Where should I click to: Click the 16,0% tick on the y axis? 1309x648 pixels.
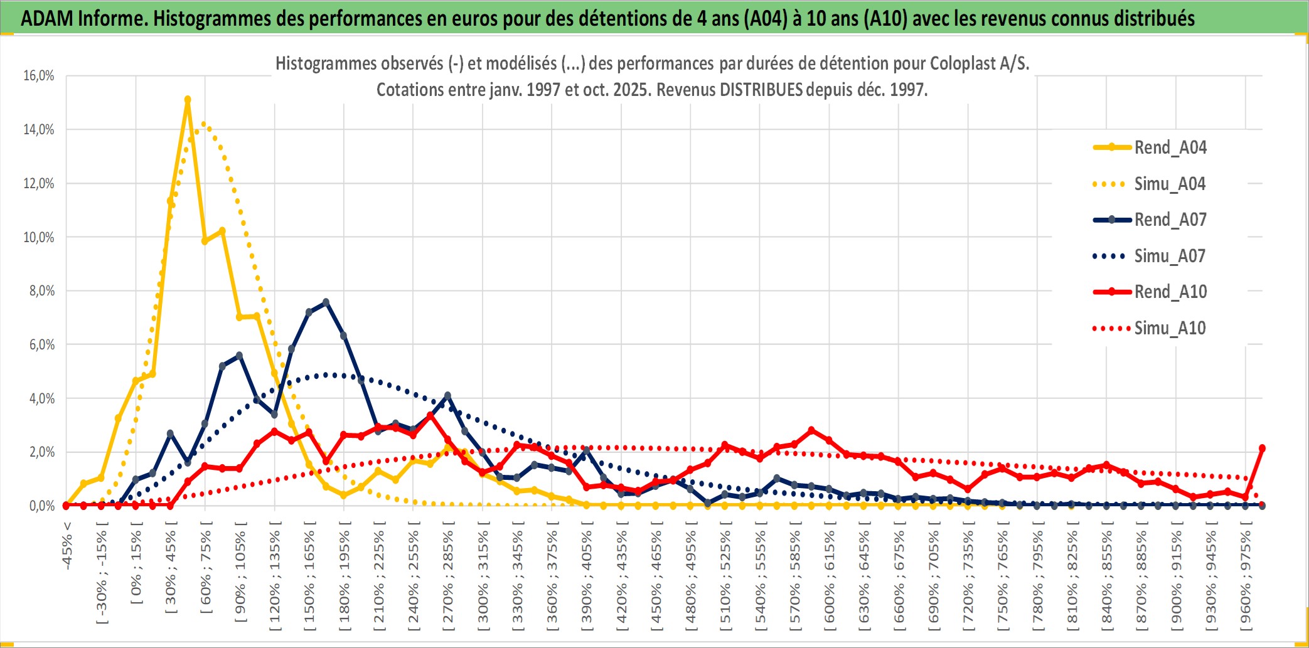[x=39, y=76]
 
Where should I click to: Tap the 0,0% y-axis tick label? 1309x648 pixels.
[x=41, y=506]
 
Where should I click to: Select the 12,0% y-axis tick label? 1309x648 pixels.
[x=39, y=184]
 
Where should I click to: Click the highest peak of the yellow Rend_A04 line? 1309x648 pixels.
[x=188, y=99]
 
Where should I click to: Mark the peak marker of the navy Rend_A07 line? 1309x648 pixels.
[x=326, y=302]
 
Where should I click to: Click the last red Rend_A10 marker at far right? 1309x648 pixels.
[x=1262, y=448]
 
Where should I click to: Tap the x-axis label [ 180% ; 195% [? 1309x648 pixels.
[x=345, y=580]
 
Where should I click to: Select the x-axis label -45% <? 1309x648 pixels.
[x=67, y=546]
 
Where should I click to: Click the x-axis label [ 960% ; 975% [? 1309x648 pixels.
[x=1246, y=580]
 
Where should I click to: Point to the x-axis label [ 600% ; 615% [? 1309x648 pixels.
[x=830, y=580]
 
